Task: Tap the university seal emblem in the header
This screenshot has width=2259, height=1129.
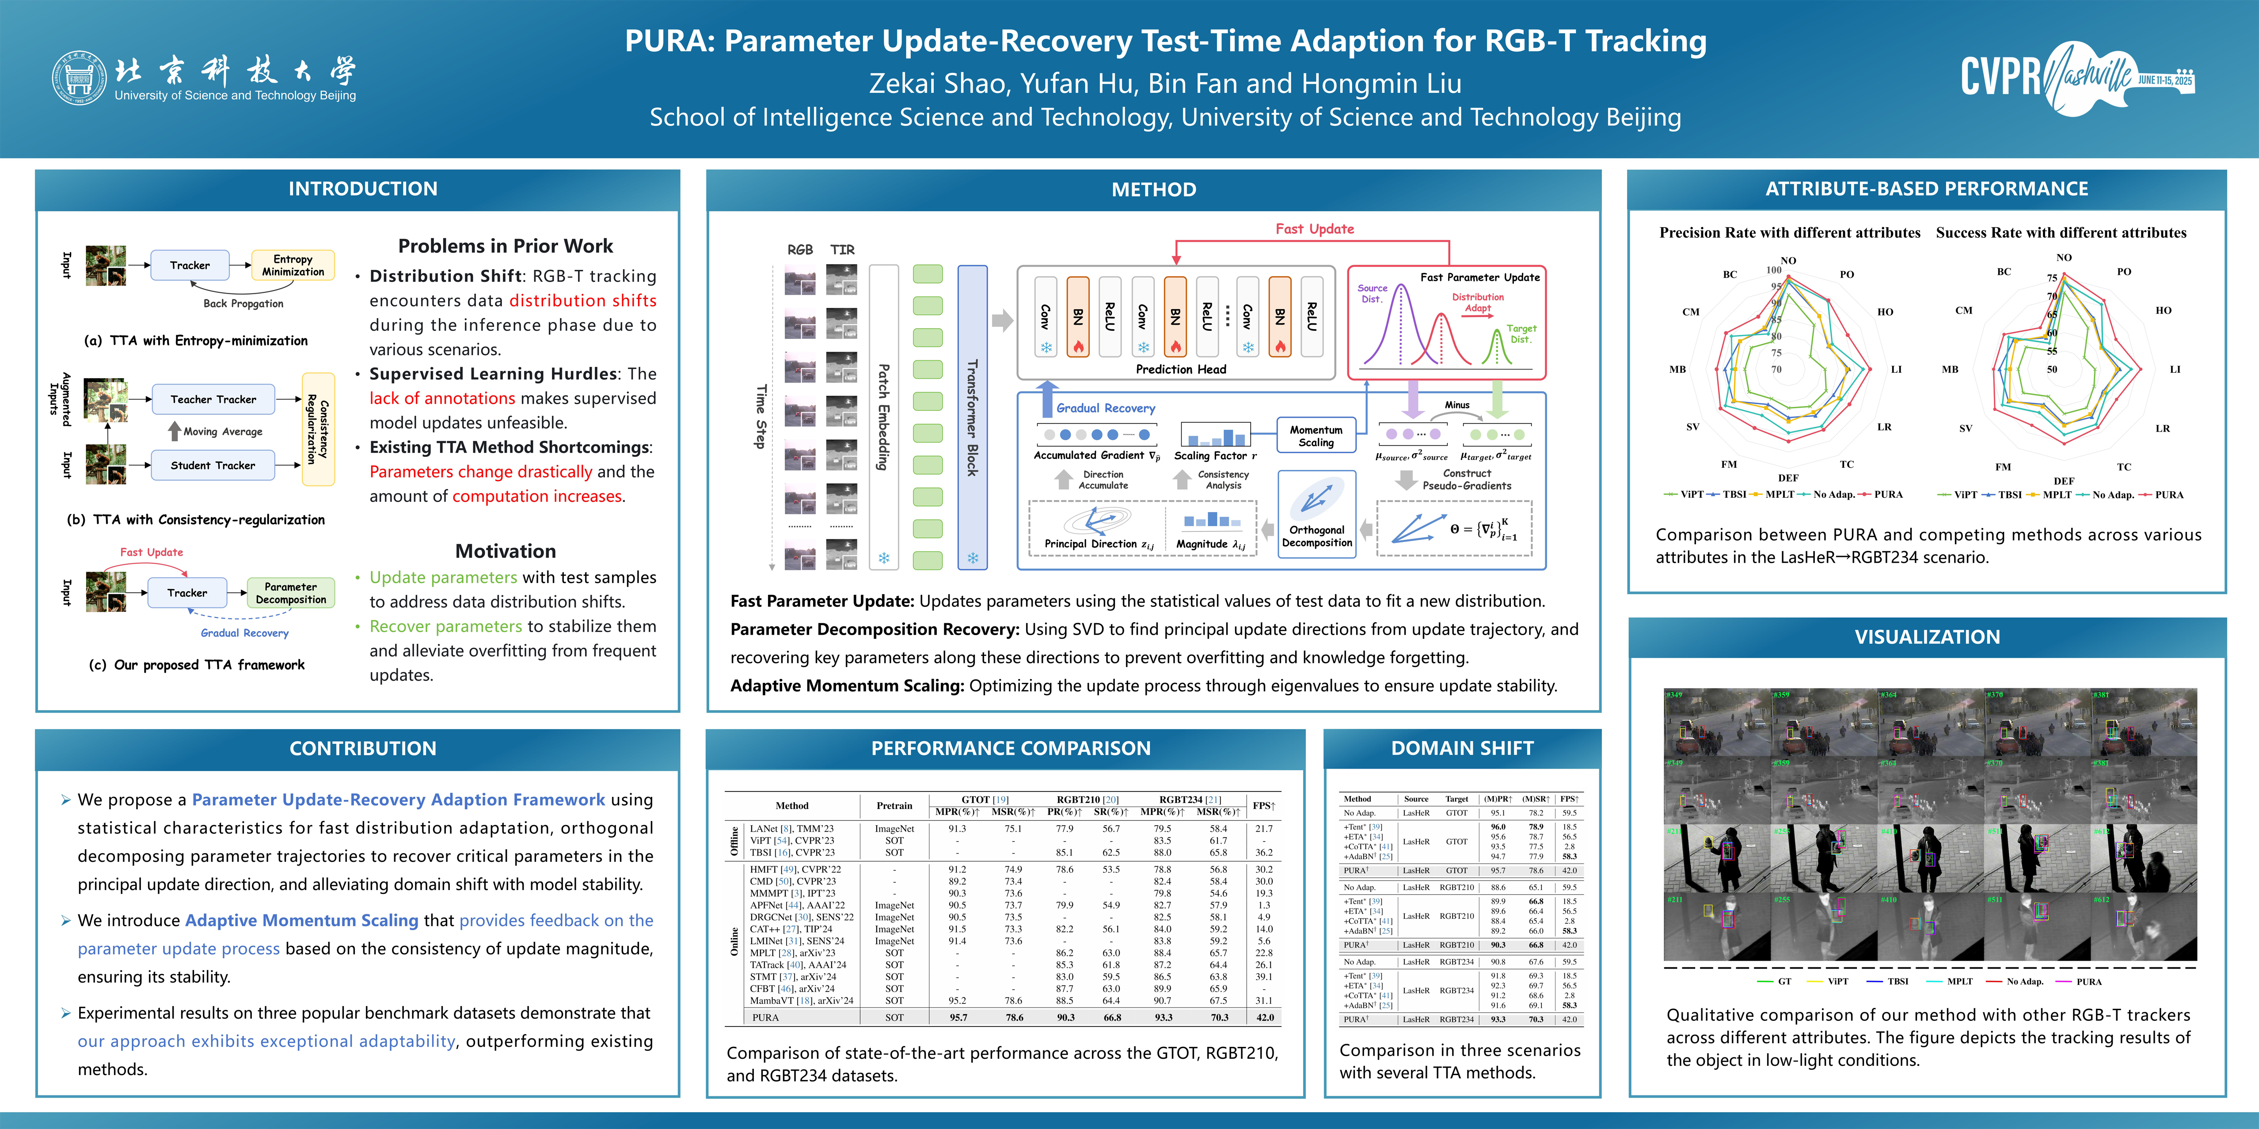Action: (79, 78)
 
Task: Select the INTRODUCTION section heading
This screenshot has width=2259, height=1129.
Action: (363, 189)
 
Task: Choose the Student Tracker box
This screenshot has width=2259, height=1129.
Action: (213, 466)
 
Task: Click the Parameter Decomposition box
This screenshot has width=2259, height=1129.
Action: (290, 593)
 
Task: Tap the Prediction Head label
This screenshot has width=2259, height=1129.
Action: (1180, 369)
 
